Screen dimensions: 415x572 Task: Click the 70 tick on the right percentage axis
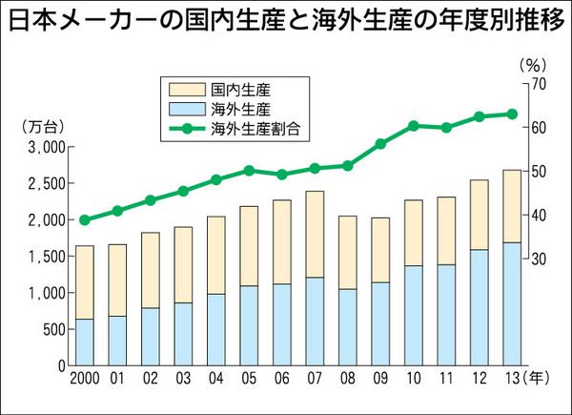(x=538, y=84)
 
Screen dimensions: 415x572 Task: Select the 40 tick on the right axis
(x=538, y=215)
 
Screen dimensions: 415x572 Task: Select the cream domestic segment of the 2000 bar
(x=85, y=281)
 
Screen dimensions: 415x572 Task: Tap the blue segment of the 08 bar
(x=348, y=326)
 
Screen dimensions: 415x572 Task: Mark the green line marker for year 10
(x=414, y=126)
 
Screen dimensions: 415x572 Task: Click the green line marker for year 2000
(x=85, y=219)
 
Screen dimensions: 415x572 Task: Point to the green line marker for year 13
(x=512, y=114)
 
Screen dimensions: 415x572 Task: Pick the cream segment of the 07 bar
(x=315, y=234)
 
